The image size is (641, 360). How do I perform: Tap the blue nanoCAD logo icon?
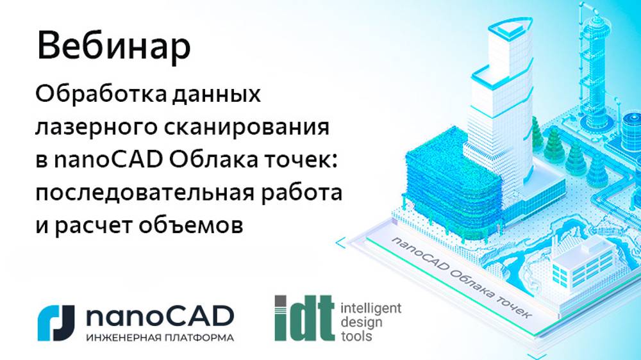57,322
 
